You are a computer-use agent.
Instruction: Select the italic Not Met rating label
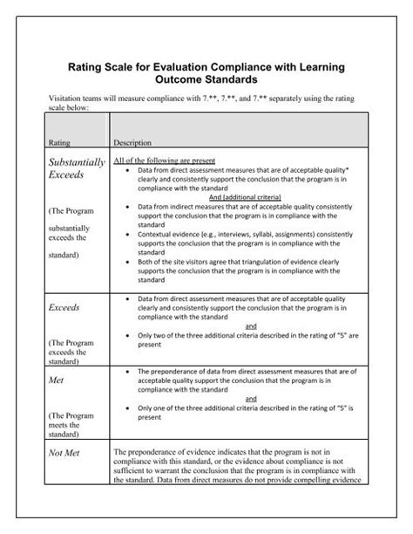pos(65,453)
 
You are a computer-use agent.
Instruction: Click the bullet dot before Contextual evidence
pos(129,235)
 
